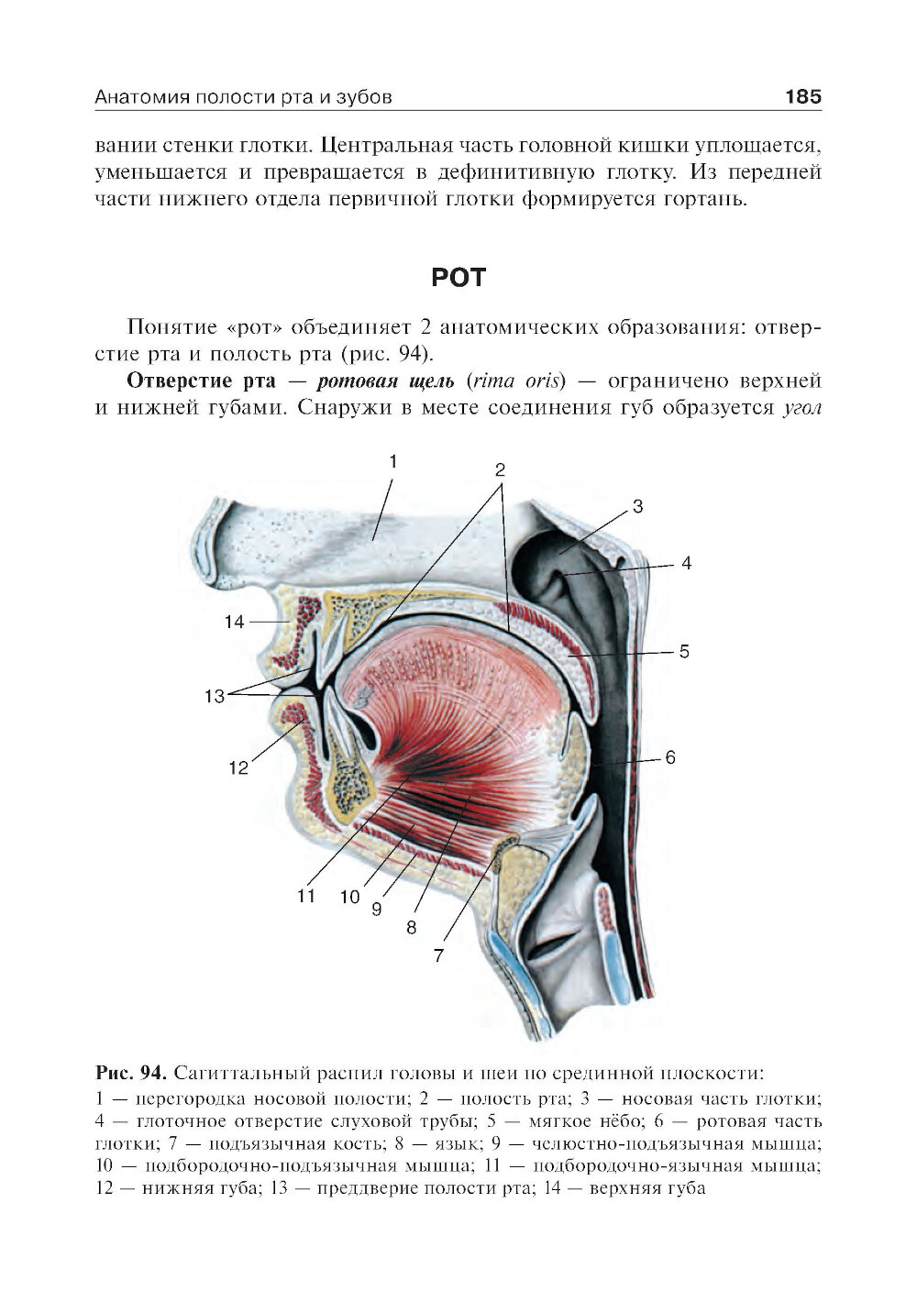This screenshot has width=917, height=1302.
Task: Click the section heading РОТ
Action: tap(458, 277)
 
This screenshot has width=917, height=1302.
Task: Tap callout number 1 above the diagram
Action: tap(392, 461)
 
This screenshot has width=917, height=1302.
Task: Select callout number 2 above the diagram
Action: tap(500, 469)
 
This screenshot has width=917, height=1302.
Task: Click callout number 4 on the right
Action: tap(685, 563)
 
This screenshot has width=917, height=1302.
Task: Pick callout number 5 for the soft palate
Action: tap(684, 652)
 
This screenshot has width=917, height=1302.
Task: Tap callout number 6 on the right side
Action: tap(669, 757)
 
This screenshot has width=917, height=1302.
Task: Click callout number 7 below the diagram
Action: tap(438, 954)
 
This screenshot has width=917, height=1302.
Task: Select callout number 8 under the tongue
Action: tap(411, 927)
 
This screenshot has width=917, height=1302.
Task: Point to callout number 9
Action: tap(376, 910)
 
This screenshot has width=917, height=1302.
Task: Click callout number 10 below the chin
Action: tap(349, 897)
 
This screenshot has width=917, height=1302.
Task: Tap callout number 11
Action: tap(305, 895)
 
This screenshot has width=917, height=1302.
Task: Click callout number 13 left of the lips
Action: tap(214, 696)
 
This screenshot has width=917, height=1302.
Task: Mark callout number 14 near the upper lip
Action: tap(235, 622)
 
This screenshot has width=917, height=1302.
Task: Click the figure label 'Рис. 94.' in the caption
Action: tap(130, 1072)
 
